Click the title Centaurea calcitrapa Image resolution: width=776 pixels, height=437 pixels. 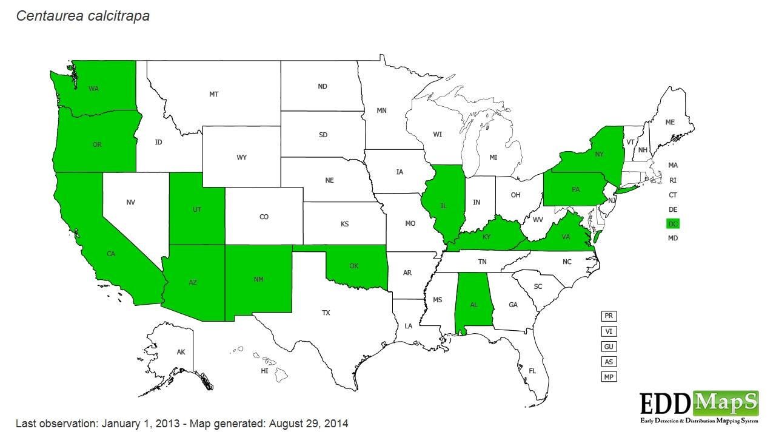(83, 16)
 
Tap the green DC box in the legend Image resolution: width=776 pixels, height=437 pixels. (673, 224)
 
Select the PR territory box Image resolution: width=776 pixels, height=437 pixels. (609, 316)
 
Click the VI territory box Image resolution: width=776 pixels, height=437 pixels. (609, 331)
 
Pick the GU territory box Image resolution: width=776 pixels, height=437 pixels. (609, 347)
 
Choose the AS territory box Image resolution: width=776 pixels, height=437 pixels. (609, 362)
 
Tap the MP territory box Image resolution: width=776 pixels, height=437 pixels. (609, 377)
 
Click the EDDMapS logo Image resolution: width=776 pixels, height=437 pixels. (699, 407)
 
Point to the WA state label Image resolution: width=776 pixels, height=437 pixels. (93, 89)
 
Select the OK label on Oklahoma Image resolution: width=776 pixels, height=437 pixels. (355, 266)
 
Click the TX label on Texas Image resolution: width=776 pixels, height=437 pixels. (326, 313)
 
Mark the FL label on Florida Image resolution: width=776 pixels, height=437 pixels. (532, 371)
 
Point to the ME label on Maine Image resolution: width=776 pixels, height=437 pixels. (670, 123)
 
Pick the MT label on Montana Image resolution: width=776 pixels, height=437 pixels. (213, 94)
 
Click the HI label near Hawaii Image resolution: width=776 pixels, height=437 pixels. (264, 371)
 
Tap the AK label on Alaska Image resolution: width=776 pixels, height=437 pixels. (181, 352)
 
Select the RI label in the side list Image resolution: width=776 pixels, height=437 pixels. (673, 180)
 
